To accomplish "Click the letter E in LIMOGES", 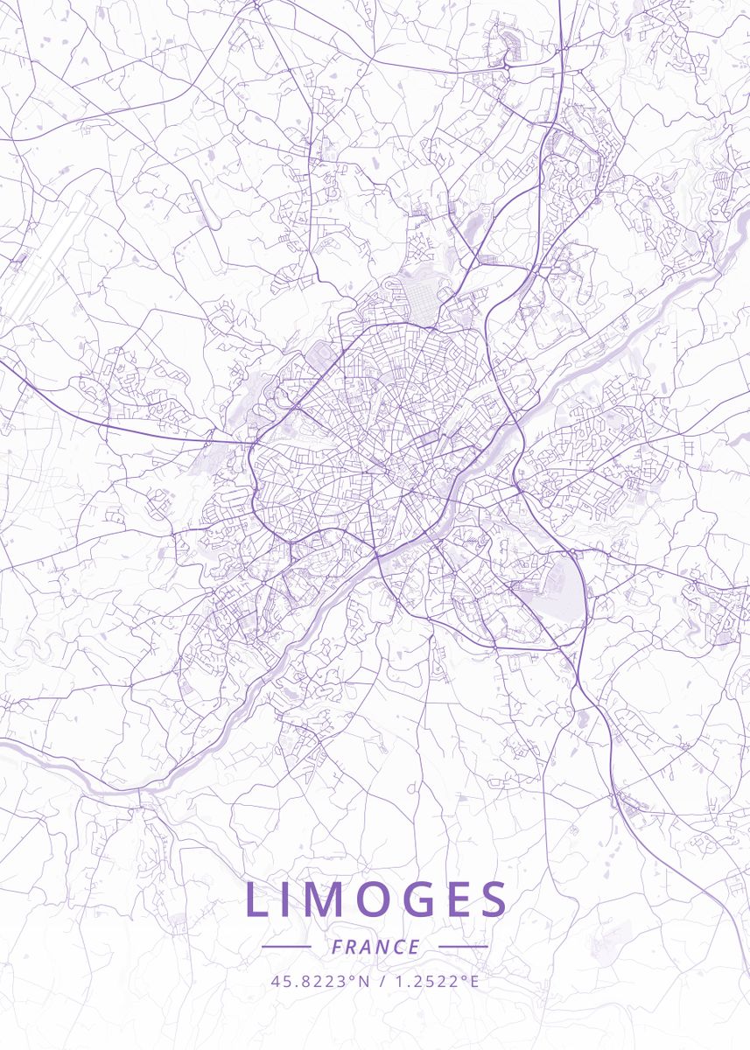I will coord(456,900).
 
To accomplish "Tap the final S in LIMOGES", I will coord(493,900).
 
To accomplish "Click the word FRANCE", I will coord(375,947).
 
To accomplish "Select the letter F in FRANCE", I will coord(337,947).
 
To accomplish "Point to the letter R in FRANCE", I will coord(352,947).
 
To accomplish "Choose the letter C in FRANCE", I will coord(398,947).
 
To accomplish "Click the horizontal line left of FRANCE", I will coord(286,947).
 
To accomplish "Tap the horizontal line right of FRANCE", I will coord(463,947).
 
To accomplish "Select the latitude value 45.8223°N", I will coord(320,982).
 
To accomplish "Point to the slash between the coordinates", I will coord(382,982).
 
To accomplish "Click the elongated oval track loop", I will coord(205,206).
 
